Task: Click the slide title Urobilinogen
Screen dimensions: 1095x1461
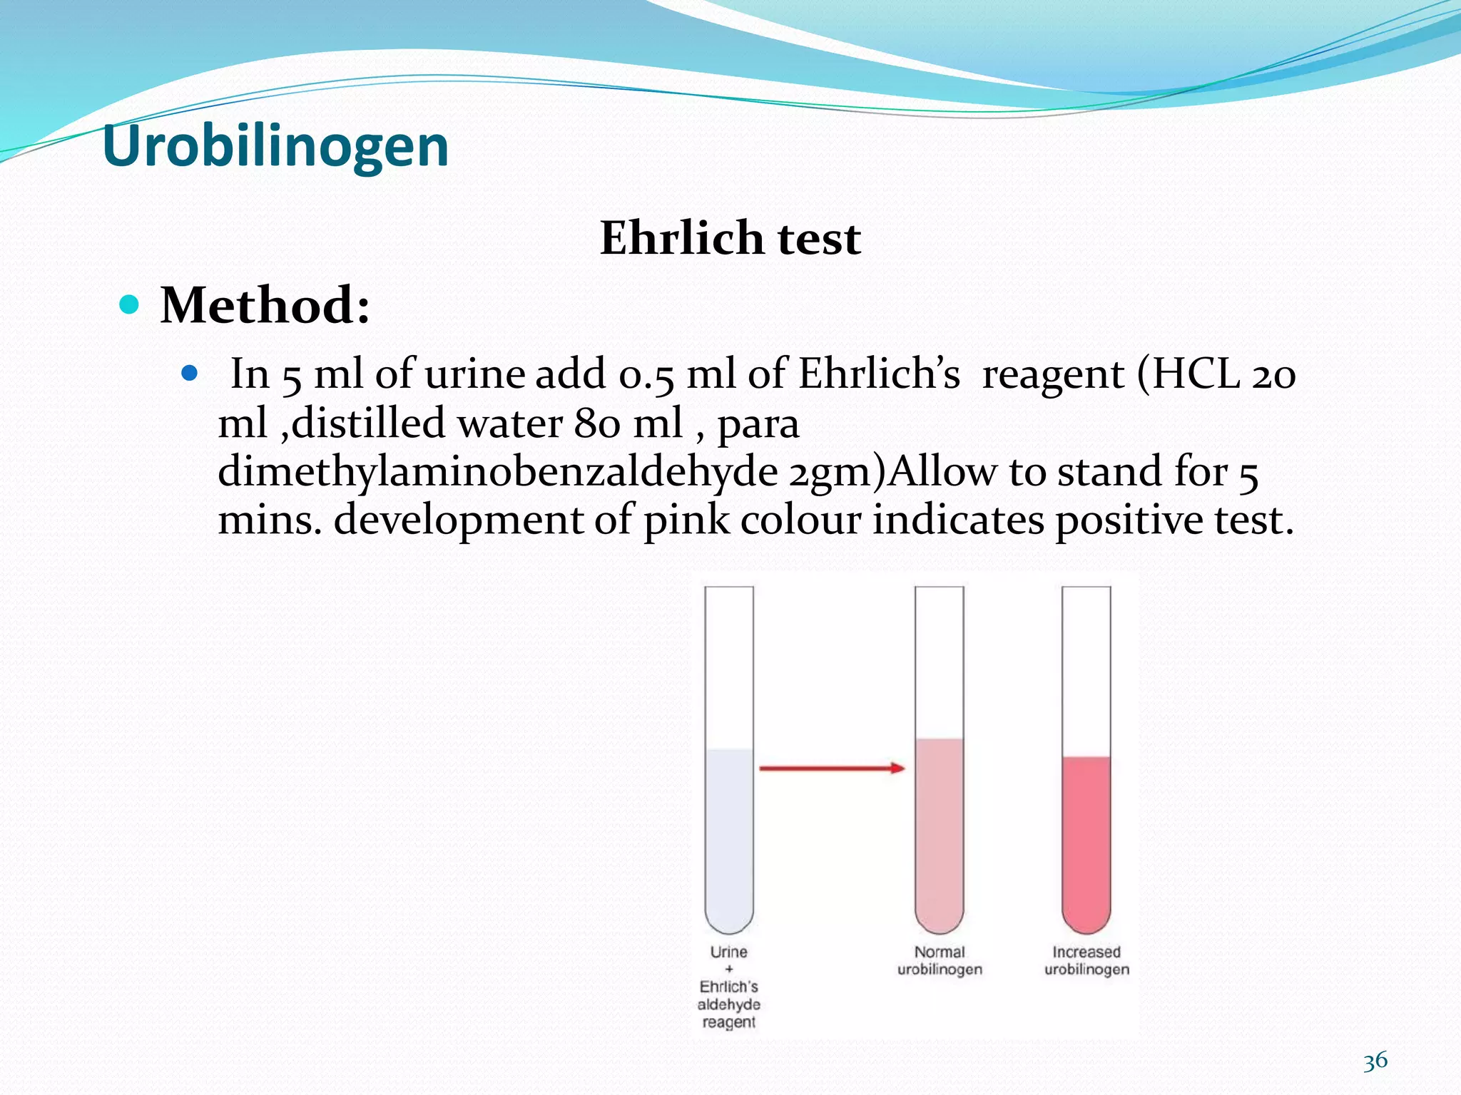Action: click(x=275, y=146)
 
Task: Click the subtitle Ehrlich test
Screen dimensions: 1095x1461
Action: click(x=730, y=237)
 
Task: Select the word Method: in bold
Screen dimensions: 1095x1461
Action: click(x=265, y=305)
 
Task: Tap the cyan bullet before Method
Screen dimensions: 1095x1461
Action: click(x=129, y=305)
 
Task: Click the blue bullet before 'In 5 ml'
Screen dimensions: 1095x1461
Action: click(x=188, y=372)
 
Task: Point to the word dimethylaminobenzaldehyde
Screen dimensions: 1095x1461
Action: click(x=497, y=471)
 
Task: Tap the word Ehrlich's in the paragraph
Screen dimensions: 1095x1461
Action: click(x=879, y=373)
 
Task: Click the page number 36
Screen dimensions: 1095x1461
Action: click(x=1375, y=1061)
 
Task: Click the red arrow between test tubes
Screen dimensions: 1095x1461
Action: click(x=832, y=768)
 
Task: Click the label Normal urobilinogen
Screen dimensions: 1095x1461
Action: click(x=940, y=960)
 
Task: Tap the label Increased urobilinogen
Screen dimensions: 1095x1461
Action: click(x=1086, y=960)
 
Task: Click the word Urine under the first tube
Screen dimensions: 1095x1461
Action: click(x=728, y=952)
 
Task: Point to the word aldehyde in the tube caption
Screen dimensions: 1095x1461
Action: click(x=728, y=1004)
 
